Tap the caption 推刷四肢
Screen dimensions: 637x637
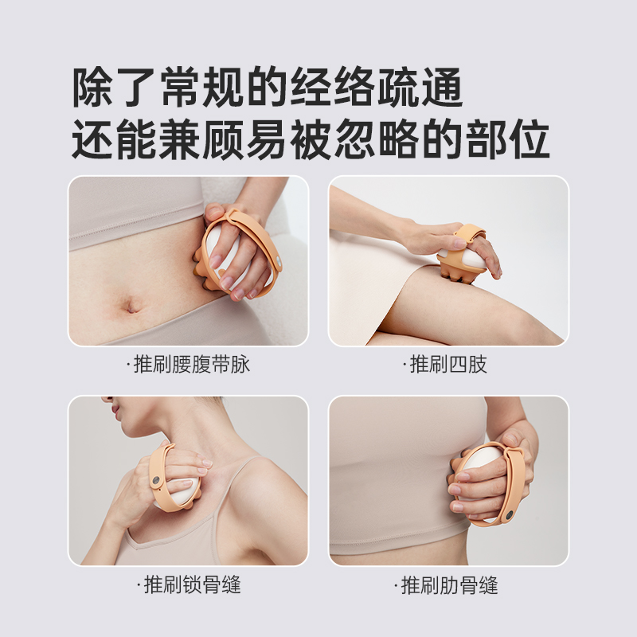click(x=448, y=365)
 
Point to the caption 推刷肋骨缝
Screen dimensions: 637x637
click(x=448, y=585)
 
